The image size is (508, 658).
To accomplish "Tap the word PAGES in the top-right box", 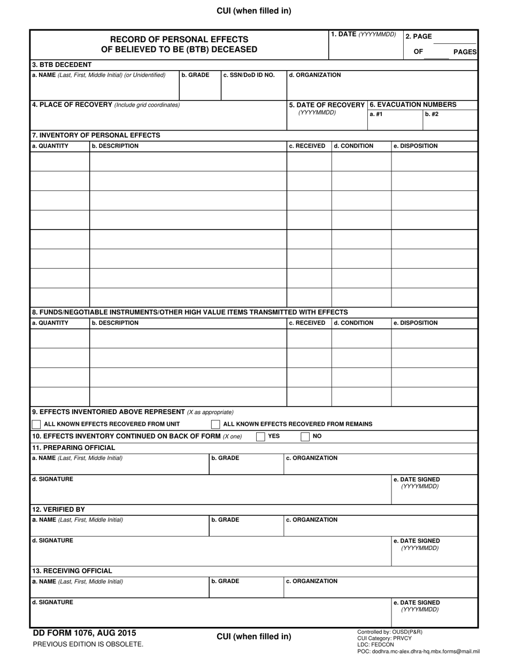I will (x=465, y=51).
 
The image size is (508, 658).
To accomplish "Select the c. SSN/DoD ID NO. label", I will (x=249, y=75).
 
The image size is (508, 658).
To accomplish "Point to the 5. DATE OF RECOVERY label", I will (x=327, y=105).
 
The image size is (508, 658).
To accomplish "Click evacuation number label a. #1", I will (x=376, y=114).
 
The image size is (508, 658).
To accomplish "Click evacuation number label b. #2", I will (x=432, y=114).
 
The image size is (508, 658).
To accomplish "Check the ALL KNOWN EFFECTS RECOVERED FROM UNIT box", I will (x=36, y=424).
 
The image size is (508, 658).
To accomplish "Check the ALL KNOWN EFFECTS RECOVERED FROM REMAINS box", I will (x=215, y=424).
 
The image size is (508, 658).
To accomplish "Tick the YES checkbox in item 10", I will (x=260, y=437).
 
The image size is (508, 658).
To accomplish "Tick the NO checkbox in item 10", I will (x=305, y=437).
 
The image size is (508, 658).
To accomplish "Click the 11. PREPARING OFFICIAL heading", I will (x=73, y=448).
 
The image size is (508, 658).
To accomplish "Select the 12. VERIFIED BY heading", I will (x=58, y=509).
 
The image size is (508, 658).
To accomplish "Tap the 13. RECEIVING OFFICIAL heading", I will (x=72, y=571).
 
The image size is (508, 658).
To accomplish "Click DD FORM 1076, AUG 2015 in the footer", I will (x=84, y=633).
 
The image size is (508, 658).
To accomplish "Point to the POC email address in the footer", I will (x=418, y=652).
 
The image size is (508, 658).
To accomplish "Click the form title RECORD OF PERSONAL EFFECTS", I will (x=179, y=40).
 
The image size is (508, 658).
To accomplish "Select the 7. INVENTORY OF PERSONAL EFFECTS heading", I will (x=96, y=135).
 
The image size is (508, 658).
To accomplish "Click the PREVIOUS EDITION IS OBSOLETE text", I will (x=88, y=645).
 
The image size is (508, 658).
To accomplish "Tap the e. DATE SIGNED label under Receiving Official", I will (x=417, y=602).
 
